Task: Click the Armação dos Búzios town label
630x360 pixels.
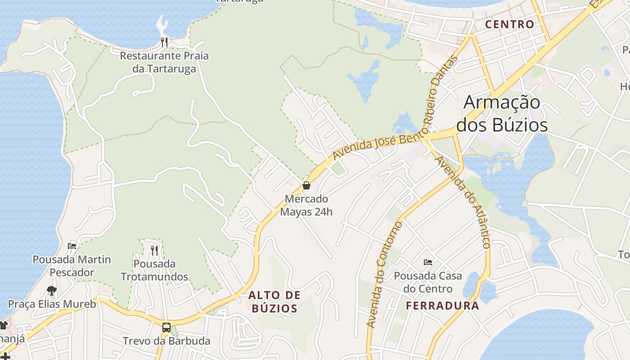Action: click(502, 113)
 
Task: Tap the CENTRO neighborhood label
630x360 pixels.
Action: click(509, 24)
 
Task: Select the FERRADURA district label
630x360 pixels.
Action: click(442, 306)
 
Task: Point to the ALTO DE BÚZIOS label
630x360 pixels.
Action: click(274, 302)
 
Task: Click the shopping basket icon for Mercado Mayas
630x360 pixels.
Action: click(306, 185)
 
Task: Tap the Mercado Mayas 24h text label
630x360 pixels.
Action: click(306, 205)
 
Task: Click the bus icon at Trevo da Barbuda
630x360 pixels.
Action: click(166, 327)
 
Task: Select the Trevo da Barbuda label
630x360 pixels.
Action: click(166, 341)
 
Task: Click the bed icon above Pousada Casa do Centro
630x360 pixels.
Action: click(428, 262)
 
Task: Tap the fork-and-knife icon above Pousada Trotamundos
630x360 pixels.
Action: click(154, 250)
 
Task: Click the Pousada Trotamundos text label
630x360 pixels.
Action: click(154, 270)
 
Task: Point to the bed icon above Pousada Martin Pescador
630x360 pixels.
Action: click(72, 246)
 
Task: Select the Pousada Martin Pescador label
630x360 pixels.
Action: click(72, 266)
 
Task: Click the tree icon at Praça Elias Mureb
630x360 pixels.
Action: click(52, 290)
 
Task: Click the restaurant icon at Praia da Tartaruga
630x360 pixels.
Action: click(164, 42)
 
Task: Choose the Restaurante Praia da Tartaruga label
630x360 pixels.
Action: click(164, 62)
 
